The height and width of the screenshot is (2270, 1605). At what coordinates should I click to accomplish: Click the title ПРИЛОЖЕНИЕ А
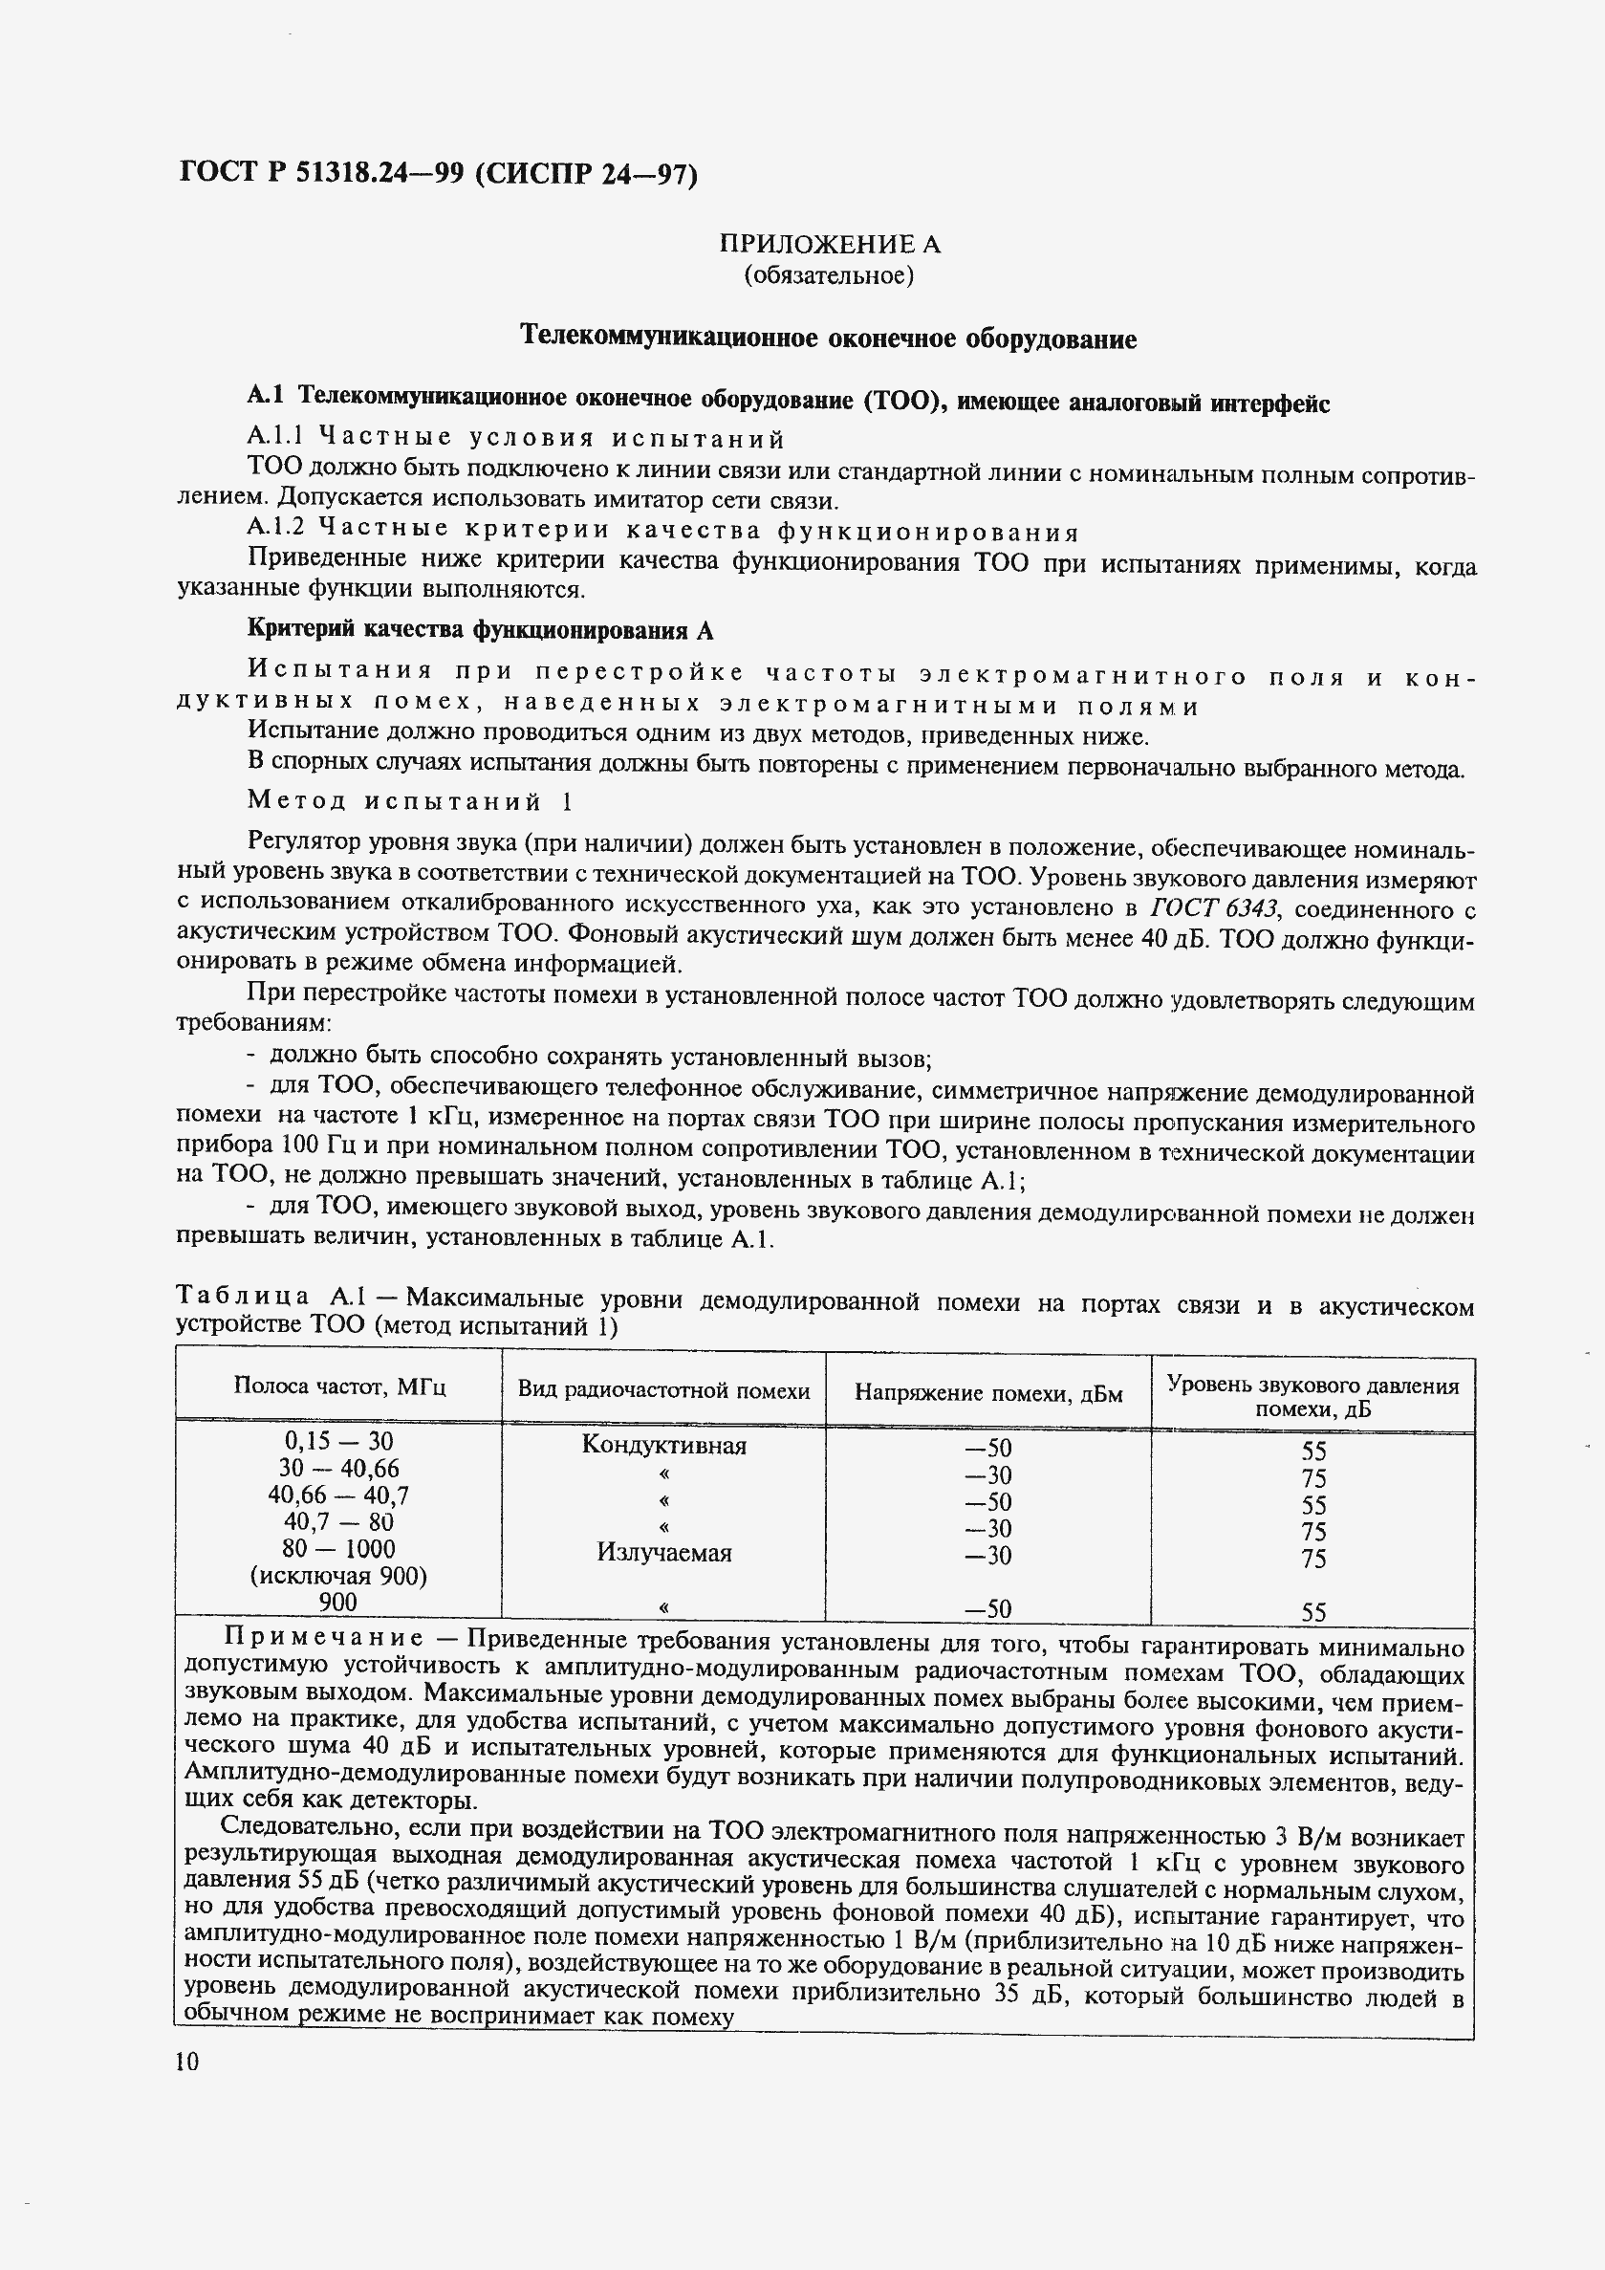tap(829, 244)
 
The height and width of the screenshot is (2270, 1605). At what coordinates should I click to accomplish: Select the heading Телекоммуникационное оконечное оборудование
tap(828, 338)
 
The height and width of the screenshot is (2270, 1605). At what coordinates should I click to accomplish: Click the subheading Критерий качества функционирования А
tap(479, 630)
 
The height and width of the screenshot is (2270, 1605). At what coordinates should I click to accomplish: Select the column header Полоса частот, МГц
tap(339, 1386)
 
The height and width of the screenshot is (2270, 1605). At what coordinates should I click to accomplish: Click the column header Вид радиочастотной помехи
tap(663, 1390)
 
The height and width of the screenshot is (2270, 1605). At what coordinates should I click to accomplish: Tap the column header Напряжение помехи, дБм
tap(988, 1393)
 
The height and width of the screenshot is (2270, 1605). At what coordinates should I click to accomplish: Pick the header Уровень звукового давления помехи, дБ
tap(1312, 1396)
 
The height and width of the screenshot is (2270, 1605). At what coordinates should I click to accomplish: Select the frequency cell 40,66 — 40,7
tap(339, 1495)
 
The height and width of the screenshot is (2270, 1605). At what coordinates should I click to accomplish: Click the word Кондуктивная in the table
tap(663, 1446)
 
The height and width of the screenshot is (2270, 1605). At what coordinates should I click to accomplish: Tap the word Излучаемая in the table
tap(663, 1552)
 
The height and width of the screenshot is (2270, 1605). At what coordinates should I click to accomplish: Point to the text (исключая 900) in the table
tap(339, 1576)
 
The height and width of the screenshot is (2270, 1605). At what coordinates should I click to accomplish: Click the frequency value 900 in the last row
tap(339, 1602)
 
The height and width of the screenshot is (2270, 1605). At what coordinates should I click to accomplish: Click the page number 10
tap(186, 2062)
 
